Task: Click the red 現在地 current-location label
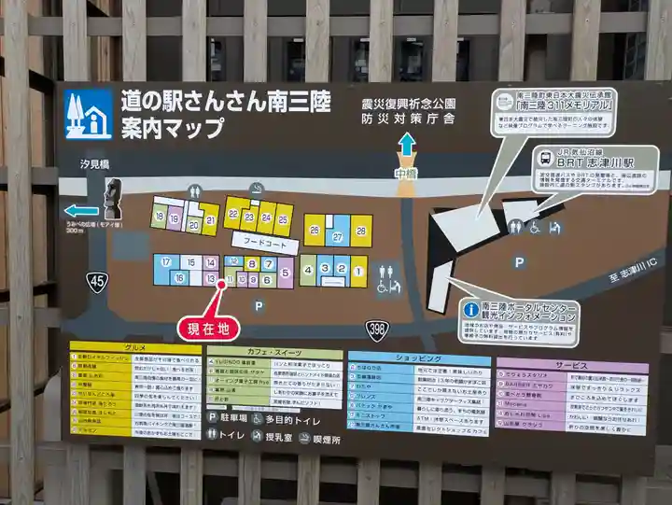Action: [207, 328]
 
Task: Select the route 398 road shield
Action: [375, 330]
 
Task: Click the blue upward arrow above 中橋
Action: [406, 145]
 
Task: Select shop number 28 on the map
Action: [361, 231]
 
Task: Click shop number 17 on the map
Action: [166, 262]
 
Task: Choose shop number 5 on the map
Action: [285, 272]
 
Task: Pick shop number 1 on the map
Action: [358, 272]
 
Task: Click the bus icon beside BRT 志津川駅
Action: [544, 157]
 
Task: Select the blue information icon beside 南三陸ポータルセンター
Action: [470, 309]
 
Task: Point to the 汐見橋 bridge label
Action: [95, 164]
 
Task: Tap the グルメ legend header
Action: [134, 349]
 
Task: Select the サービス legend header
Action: [570, 365]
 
